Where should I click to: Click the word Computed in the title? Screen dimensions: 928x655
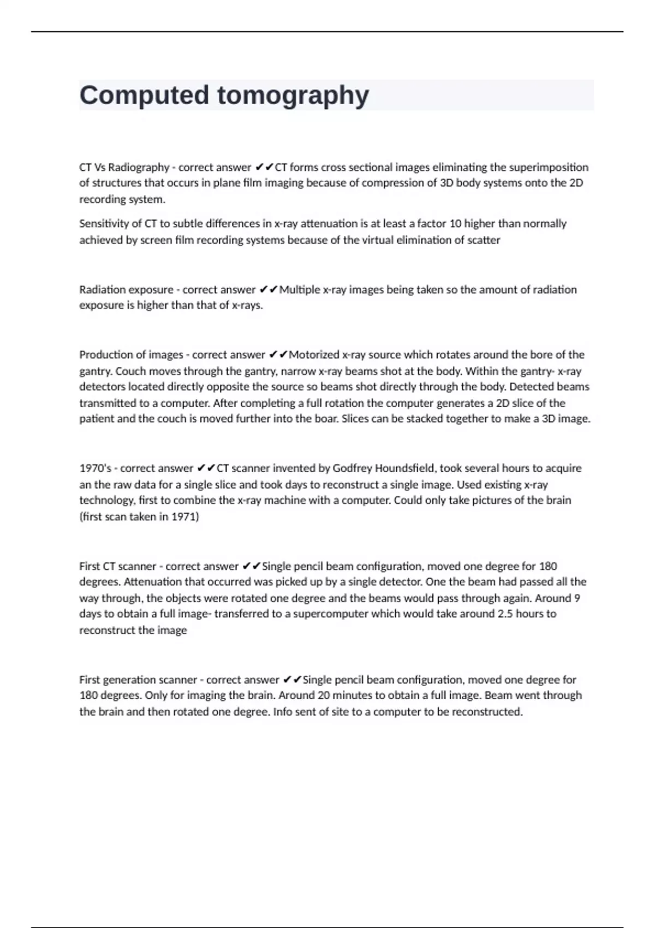[144, 95]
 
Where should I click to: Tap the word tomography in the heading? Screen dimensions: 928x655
[293, 96]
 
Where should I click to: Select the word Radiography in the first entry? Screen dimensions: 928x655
[139, 167]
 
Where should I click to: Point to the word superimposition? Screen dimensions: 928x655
[549, 167]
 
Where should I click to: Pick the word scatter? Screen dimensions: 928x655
[484, 240]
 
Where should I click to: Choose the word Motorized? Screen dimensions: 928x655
[314, 355]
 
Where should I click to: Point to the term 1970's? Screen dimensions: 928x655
[96, 468]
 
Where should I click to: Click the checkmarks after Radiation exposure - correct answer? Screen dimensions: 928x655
[269, 289]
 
